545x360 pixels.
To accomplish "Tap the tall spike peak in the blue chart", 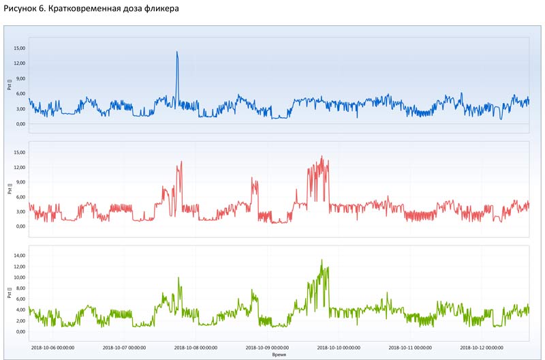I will click(x=176, y=52).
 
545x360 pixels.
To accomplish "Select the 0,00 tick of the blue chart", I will click(x=20, y=124).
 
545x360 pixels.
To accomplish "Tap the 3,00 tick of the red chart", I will click(x=20, y=212).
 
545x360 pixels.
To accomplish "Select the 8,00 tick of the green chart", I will click(x=20, y=288).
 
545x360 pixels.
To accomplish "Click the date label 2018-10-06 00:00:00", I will click(x=52, y=347).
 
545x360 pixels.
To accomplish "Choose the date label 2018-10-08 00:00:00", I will click(x=196, y=347).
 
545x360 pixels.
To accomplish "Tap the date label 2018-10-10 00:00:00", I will click(x=339, y=347).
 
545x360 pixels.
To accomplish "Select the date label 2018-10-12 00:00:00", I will click(x=482, y=347).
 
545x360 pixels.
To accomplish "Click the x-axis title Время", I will click(x=279, y=355).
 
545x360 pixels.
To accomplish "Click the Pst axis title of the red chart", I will click(x=10, y=189).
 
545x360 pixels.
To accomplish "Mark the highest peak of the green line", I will click(x=322, y=260).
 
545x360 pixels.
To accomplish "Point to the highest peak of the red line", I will click(x=322, y=156).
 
